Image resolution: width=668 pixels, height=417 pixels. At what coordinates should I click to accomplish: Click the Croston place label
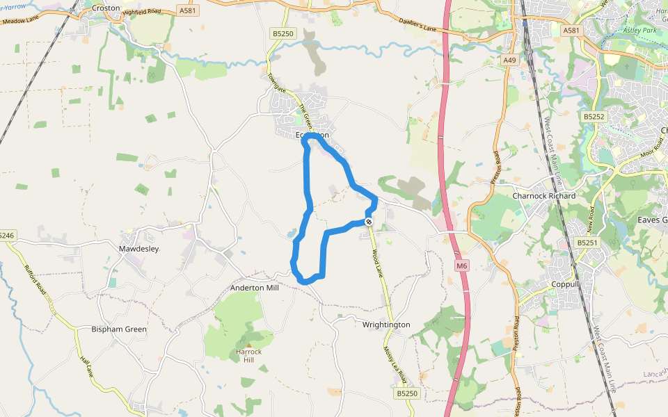[106, 8]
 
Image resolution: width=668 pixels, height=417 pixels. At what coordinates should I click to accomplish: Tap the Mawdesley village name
[139, 248]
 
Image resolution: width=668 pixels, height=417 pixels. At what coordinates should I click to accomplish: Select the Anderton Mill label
[254, 288]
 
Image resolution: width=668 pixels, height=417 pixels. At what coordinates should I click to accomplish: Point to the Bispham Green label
[119, 329]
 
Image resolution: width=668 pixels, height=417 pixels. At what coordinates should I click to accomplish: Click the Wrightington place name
[386, 325]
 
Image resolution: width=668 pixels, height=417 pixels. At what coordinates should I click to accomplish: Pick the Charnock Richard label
[543, 195]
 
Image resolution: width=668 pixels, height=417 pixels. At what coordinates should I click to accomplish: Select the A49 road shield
[510, 60]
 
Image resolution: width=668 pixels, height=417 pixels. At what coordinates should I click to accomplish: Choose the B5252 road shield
[594, 117]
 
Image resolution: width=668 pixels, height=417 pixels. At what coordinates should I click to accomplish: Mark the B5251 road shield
[587, 243]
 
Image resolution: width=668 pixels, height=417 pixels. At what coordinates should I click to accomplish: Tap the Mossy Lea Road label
[394, 363]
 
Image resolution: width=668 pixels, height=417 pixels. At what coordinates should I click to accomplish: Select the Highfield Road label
[141, 12]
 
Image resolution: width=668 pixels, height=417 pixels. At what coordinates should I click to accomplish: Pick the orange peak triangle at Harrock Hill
[248, 344]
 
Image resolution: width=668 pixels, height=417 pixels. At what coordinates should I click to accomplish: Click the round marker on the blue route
[369, 222]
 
